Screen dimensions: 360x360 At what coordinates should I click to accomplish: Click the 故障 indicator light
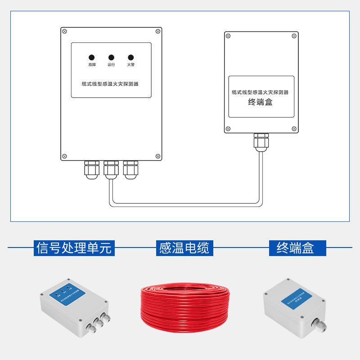coord(92,58)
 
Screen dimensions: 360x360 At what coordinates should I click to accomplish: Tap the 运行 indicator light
coord(111,58)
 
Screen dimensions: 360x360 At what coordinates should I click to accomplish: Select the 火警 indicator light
coord(131,58)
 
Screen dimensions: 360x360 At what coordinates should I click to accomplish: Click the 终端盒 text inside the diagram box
coord(261,103)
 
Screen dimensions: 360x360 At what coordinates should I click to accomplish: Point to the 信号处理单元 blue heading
coord(74,248)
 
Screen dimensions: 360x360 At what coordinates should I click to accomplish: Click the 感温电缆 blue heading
coord(184,248)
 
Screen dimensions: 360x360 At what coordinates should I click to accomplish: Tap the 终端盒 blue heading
coord(295,248)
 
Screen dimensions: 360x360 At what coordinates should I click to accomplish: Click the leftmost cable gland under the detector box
coord(92,170)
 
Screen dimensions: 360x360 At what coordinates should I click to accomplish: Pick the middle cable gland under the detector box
coord(111,170)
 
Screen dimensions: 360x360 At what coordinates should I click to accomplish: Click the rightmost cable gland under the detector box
coord(130,170)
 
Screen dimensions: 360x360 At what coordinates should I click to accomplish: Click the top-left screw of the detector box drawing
coord(65,31)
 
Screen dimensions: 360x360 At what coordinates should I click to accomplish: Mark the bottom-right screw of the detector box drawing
coord(157,156)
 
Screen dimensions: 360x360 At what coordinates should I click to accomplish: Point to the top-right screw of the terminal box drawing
coord(294,36)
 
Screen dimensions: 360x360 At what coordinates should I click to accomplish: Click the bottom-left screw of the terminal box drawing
coord(228,129)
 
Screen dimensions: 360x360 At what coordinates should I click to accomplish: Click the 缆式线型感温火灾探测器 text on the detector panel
coord(110,84)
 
